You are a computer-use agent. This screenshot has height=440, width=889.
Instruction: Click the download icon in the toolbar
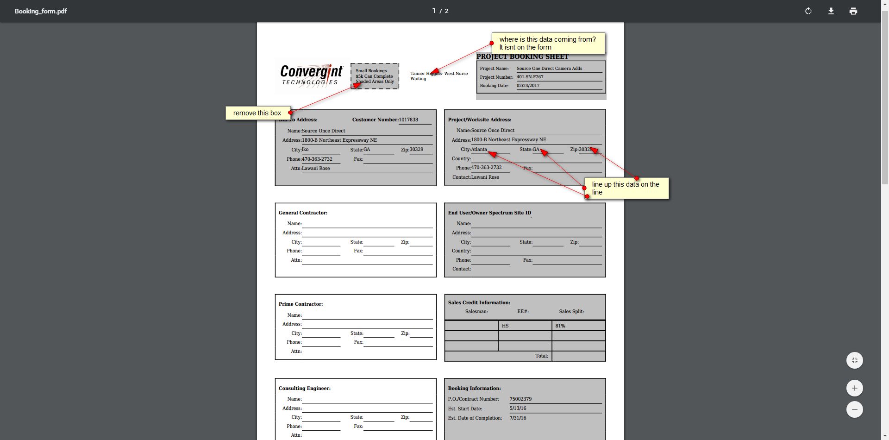(x=831, y=11)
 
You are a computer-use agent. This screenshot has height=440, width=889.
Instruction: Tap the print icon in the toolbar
(x=853, y=11)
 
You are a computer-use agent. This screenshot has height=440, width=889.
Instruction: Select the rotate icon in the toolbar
(x=808, y=11)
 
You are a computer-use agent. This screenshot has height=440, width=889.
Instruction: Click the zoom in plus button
(x=855, y=388)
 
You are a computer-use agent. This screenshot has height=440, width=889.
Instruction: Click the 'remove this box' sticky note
(x=257, y=113)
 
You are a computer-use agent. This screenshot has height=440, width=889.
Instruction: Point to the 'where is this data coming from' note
(x=548, y=43)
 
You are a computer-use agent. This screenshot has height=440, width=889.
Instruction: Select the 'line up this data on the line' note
(x=626, y=188)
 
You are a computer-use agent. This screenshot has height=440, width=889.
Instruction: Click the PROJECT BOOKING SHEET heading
(x=522, y=57)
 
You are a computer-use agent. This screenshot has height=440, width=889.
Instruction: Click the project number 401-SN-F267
(x=530, y=77)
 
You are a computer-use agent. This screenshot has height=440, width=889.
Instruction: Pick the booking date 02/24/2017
(x=528, y=86)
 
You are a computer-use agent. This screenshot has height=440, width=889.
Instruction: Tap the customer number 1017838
(x=408, y=119)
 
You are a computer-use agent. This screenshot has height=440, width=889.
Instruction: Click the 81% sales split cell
(x=560, y=326)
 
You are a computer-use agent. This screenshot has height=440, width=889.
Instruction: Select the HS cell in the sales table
(x=505, y=326)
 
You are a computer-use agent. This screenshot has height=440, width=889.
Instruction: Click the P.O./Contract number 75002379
(x=520, y=399)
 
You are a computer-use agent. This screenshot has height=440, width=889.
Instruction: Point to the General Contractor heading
(x=303, y=213)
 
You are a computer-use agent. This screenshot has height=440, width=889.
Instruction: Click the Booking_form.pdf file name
(x=41, y=11)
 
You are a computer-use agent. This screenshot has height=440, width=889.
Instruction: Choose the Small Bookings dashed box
(x=375, y=76)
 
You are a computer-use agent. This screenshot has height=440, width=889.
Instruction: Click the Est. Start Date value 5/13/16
(x=518, y=409)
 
